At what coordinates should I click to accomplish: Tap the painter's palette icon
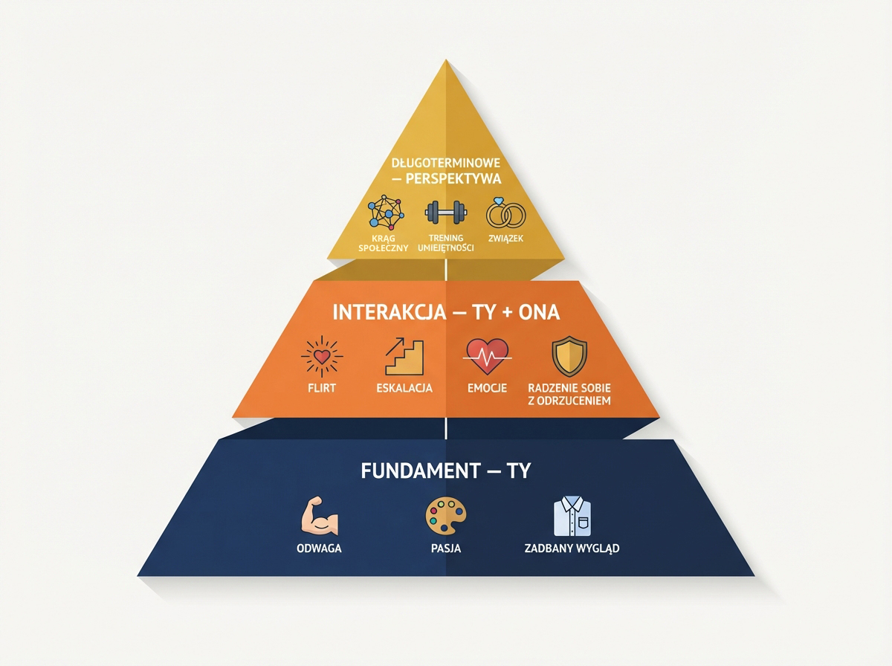445,516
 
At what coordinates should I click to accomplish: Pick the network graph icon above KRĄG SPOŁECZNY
387,213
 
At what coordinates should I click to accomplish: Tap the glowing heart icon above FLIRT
321,357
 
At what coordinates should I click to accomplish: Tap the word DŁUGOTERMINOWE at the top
446,163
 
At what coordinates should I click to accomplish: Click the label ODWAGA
318,550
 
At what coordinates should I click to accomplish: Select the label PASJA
445,550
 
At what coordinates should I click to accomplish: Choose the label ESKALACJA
404,388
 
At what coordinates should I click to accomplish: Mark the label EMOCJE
487,388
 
